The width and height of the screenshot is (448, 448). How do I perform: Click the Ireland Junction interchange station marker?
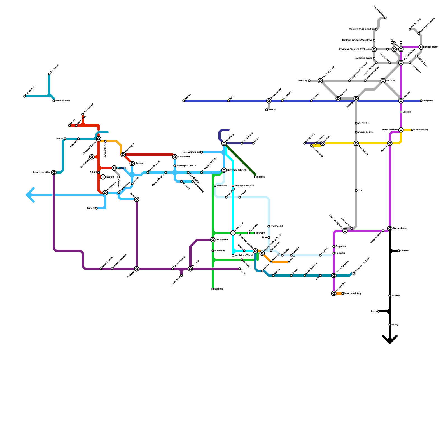click(54, 172)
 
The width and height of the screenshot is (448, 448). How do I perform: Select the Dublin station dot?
click(65, 139)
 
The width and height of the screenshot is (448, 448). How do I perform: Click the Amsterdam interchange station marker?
click(175, 157)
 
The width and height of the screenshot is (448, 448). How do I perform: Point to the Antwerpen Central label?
click(186, 166)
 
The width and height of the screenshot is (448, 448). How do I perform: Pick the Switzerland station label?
click(222, 240)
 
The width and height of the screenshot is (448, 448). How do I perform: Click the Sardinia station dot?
click(213, 289)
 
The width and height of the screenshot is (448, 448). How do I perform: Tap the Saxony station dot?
click(255, 177)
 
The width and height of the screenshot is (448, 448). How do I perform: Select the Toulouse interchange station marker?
click(137, 269)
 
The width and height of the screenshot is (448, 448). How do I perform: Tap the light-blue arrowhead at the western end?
click(29, 195)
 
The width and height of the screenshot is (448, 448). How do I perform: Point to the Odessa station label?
click(404, 251)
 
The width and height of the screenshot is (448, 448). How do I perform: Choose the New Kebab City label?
click(353, 293)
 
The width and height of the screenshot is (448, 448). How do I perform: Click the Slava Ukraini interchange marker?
click(390, 228)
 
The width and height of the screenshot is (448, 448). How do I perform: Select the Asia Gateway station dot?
click(412, 130)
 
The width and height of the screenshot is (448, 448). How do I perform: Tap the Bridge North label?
click(431, 47)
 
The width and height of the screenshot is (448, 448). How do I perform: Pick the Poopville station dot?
click(421, 101)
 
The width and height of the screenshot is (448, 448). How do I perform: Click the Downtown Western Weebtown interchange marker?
click(374, 49)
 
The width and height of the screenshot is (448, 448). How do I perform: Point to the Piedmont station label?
click(220, 251)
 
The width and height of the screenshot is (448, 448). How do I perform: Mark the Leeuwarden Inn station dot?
click(202, 152)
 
